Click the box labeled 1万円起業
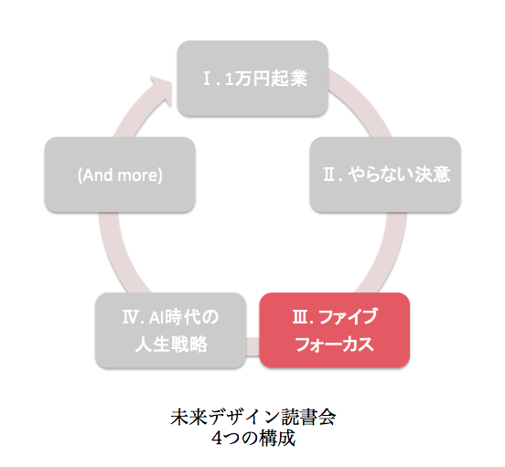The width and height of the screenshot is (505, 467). click(252, 79)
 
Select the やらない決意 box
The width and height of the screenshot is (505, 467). click(385, 175)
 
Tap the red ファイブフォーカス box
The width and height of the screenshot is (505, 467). click(335, 330)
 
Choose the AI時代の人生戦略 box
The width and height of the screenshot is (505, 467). click(171, 330)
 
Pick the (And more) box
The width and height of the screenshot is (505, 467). click(120, 175)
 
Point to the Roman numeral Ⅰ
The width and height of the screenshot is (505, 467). click(207, 79)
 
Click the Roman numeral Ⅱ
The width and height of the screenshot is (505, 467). click(329, 175)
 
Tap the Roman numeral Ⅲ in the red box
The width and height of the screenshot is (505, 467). click(299, 317)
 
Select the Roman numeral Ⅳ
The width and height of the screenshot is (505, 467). click(130, 317)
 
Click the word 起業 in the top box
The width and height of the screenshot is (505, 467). click(289, 79)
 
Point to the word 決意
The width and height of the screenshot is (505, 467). click(432, 175)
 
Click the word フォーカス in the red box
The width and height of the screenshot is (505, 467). click(335, 345)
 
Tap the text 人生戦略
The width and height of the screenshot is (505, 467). click(171, 345)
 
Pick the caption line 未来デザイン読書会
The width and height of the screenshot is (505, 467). click(253, 417)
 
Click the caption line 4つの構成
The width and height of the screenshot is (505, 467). click(253, 438)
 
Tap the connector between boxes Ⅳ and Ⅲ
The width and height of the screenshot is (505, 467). click(252, 346)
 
